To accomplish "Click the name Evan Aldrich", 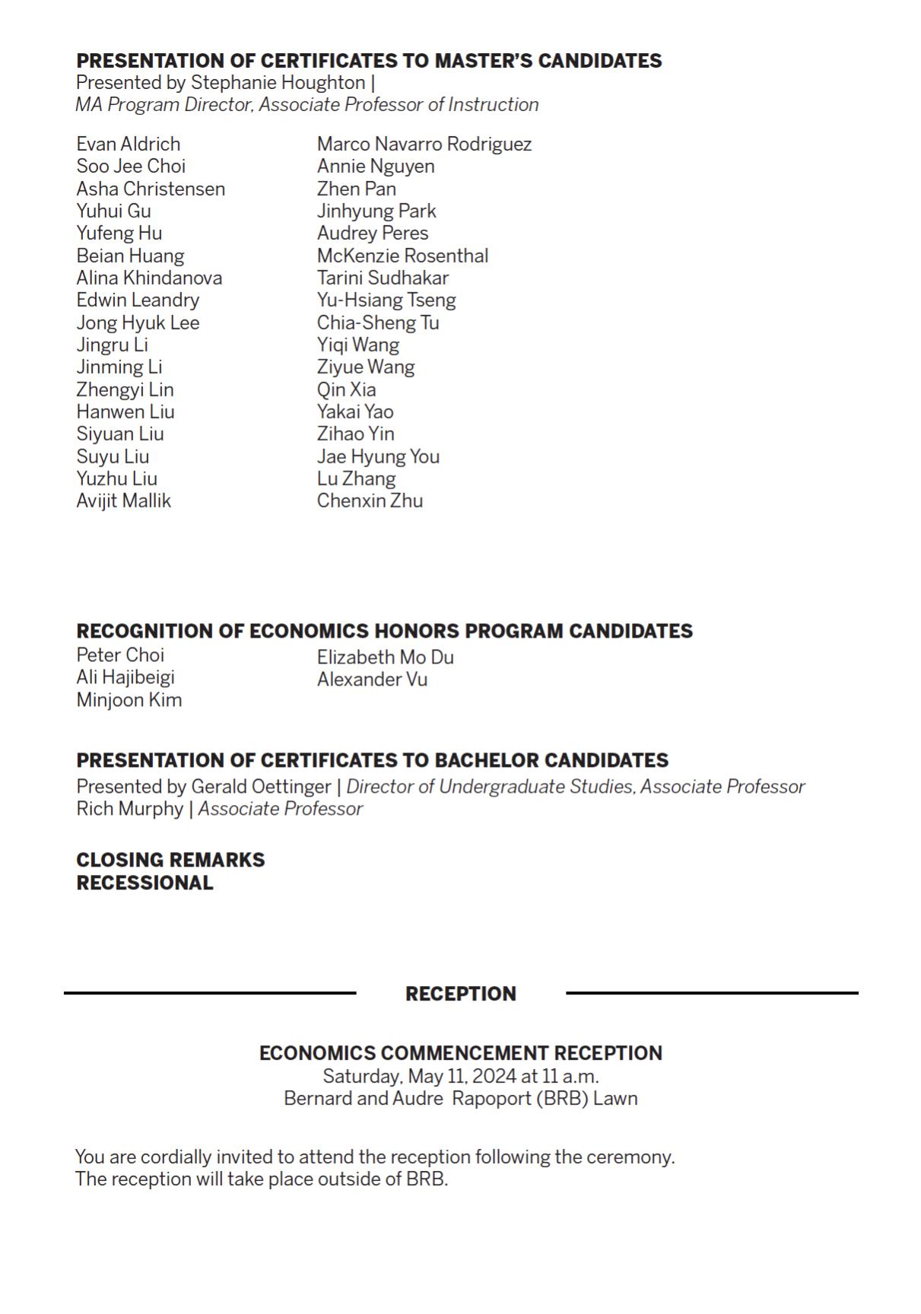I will click(x=128, y=144).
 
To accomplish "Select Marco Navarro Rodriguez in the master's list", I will click(x=424, y=144).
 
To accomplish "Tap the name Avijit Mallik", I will click(x=123, y=501).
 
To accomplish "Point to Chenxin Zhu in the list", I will click(x=370, y=501).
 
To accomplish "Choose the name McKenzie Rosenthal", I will click(x=402, y=256).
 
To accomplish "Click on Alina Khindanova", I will click(x=149, y=278).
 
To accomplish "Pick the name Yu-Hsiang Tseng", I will click(x=386, y=300).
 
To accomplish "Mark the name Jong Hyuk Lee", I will click(x=138, y=323).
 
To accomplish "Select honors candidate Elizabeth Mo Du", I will click(x=385, y=657).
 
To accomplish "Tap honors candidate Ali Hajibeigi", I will click(x=125, y=677).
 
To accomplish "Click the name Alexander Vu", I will click(x=372, y=679).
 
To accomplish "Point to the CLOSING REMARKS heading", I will click(x=170, y=860).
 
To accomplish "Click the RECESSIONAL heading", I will click(x=145, y=883).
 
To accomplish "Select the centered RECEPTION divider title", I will click(x=460, y=994).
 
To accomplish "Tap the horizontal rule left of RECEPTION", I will click(x=210, y=993).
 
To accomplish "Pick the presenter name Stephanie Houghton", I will click(x=278, y=82).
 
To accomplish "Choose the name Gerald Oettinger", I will click(x=261, y=787).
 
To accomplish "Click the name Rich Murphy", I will click(x=129, y=809).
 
